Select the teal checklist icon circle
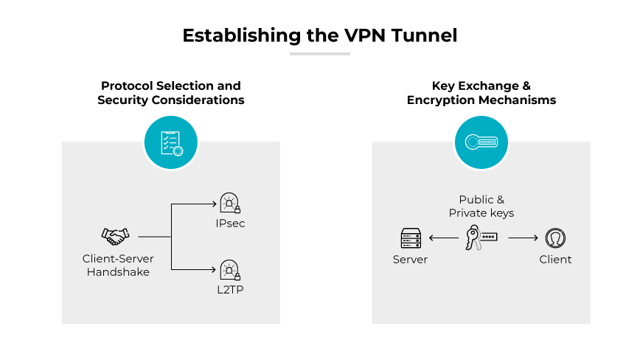click(x=171, y=141)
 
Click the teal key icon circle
click(x=481, y=141)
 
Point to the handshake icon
click(x=115, y=236)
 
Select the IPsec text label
click(x=231, y=223)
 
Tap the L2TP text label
click(x=231, y=289)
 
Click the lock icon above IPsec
click(x=230, y=202)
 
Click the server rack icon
click(x=410, y=238)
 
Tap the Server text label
click(x=410, y=260)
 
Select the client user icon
click(x=554, y=238)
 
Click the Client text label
click(x=554, y=260)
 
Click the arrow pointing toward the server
click(x=444, y=238)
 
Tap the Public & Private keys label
click(x=481, y=207)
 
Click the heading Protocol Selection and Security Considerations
click(x=171, y=93)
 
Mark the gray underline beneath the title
click(x=319, y=54)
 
